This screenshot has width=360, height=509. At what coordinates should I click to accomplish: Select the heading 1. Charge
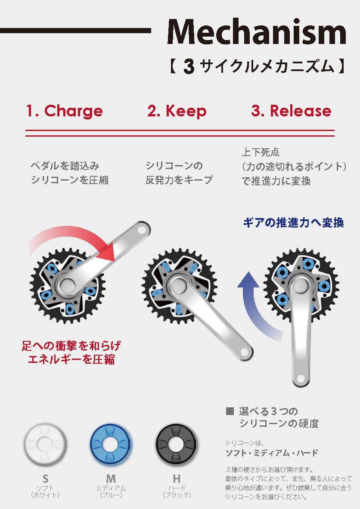pyautogui.click(x=65, y=111)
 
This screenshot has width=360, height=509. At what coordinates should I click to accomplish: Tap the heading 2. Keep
pyautogui.click(x=177, y=111)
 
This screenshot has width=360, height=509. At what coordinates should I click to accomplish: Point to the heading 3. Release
pyautogui.click(x=291, y=111)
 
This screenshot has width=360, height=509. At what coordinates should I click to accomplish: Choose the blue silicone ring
pyautogui.click(x=111, y=444)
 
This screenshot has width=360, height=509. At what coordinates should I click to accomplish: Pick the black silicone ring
pyautogui.click(x=177, y=444)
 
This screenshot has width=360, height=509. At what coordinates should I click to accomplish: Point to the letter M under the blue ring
pyautogui.click(x=111, y=479)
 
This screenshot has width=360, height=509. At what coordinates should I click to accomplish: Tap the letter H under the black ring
pyautogui.click(x=177, y=479)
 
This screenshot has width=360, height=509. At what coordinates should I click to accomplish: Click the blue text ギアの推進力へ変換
pyautogui.click(x=293, y=223)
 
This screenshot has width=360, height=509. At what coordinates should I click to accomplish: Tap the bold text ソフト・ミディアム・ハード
pyautogui.click(x=272, y=453)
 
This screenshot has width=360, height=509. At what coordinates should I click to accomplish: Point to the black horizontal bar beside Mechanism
pyautogui.click(x=75, y=31)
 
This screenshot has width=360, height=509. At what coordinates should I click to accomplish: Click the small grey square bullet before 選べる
pyautogui.click(x=229, y=411)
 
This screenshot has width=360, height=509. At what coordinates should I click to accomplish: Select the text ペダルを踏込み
pyautogui.click(x=65, y=166)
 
